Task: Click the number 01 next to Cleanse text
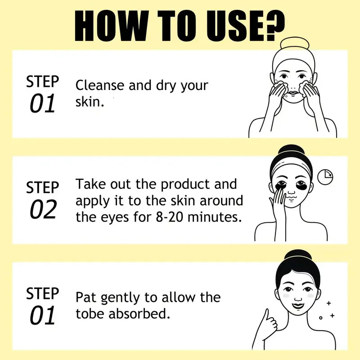42,104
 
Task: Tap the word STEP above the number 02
43,187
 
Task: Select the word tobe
91,314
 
